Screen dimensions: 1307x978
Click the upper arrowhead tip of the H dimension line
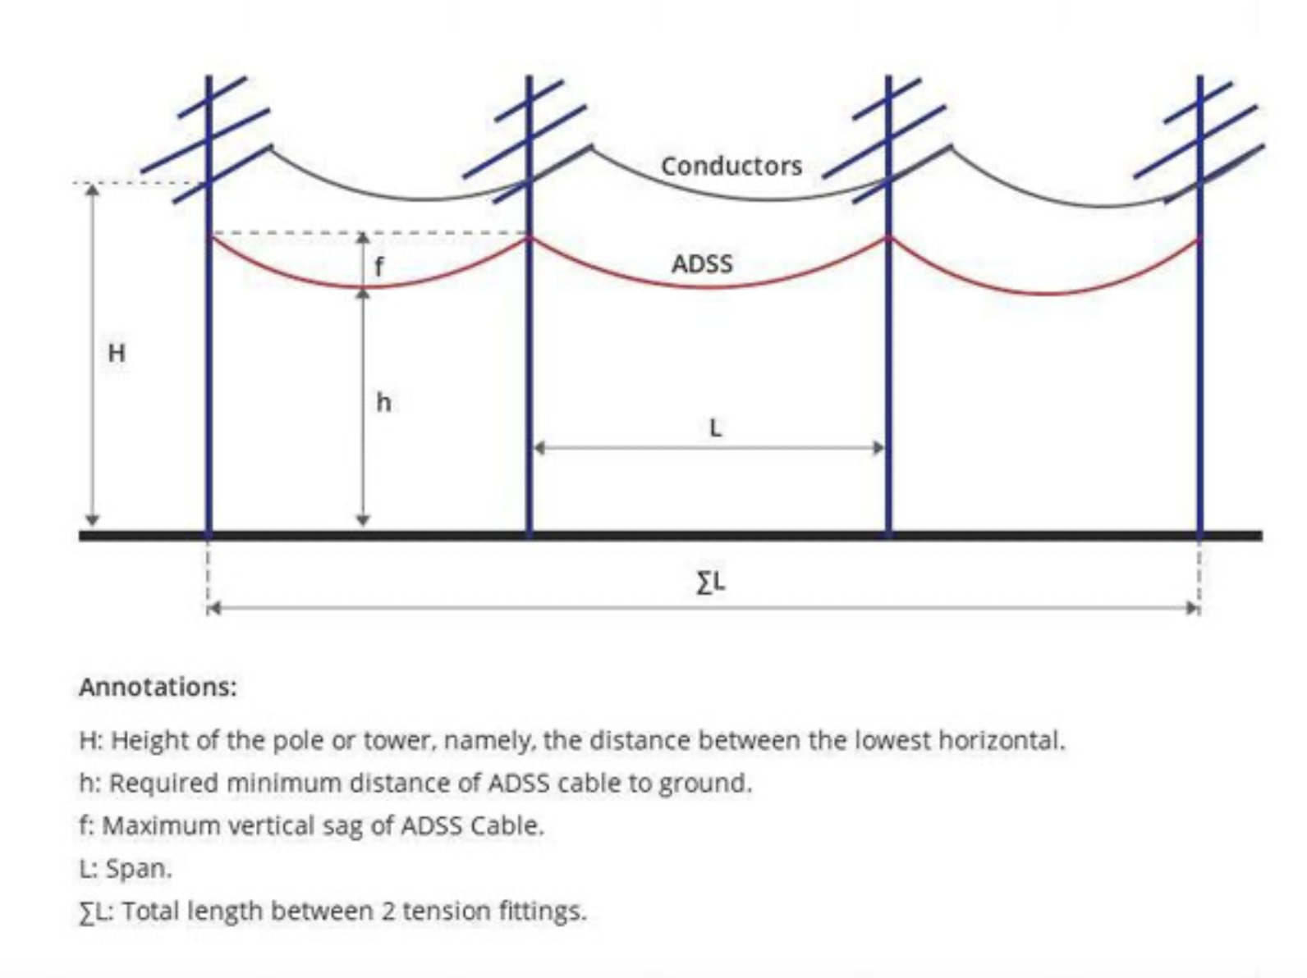(92, 185)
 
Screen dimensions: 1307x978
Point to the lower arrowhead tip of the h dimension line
(363, 527)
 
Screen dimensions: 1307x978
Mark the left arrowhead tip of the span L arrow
(532, 447)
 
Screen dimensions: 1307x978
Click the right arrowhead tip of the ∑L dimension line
(1198, 608)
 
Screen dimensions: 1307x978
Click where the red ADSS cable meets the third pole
(888, 239)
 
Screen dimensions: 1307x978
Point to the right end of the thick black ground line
(1262, 536)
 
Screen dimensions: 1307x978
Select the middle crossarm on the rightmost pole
(1195, 142)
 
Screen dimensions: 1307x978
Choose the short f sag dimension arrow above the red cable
(363, 261)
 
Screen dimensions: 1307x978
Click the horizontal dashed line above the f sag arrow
(369, 232)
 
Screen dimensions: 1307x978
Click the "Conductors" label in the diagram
(731, 166)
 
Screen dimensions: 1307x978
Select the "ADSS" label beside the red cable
(702, 263)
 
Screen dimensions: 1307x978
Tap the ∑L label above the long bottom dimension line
(711, 583)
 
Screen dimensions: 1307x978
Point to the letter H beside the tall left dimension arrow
(117, 353)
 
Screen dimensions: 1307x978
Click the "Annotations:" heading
(158, 687)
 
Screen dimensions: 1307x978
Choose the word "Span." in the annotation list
(139, 869)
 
